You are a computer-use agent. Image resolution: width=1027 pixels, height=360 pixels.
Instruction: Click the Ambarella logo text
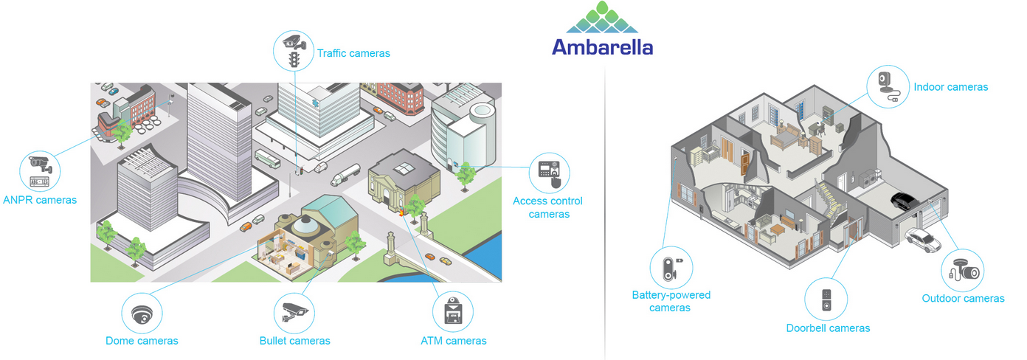pyautogui.click(x=602, y=46)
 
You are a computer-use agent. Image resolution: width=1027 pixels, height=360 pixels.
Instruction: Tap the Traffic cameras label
pyautogui.click(x=353, y=53)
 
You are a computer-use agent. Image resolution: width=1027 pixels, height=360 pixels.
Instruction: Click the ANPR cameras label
pyautogui.click(x=40, y=199)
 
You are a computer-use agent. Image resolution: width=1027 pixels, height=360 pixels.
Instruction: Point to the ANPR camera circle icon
pyautogui.click(x=41, y=170)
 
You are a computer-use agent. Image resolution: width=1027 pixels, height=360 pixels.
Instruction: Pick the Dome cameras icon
pyautogui.click(x=142, y=314)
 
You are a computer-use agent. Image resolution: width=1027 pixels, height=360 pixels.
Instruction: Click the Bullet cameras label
pyautogui.click(x=294, y=341)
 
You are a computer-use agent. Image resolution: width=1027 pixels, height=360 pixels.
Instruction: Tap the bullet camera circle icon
pyautogui.click(x=294, y=314)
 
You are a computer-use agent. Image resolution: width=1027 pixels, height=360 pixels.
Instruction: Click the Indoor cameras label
pyautogui.click(x=950, y=87)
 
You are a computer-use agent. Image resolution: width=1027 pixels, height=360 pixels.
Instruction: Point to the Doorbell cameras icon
pyautogui.click(x=826, y=299)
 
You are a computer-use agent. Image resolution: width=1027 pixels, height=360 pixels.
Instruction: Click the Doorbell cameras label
pyautogui.click(x=828, y=328)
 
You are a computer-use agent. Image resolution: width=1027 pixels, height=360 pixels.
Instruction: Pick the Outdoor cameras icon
pyautogui.click(x=963, y=270)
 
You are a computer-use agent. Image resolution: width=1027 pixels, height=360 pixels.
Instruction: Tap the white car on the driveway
pyautogui.click(x=922, y=238)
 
